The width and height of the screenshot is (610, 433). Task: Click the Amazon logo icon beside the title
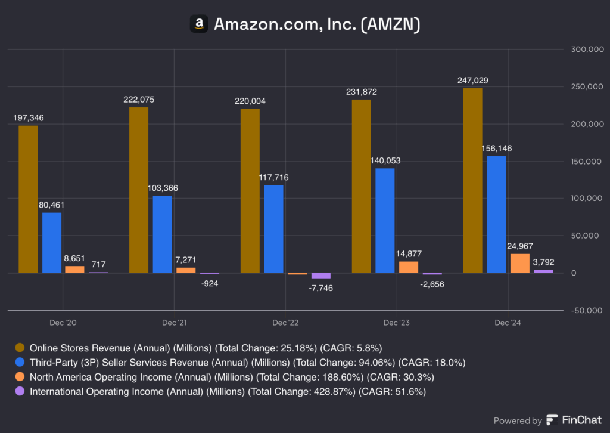point(199,24)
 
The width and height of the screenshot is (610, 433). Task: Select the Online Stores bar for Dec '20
point(28,199)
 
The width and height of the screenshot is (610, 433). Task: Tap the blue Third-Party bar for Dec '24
point(496,214)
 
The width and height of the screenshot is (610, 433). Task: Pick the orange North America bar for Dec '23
point(409,267)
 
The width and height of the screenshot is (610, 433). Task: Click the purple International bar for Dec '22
point(320,276)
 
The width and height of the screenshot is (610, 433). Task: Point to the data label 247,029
point(473,80)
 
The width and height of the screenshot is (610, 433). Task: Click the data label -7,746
point(321,287)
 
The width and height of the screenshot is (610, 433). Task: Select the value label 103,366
point(162,188)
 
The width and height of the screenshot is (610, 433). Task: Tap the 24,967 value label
point(519,246)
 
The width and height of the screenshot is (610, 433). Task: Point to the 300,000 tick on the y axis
point(586,50)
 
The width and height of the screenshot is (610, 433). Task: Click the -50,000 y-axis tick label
point(586,310)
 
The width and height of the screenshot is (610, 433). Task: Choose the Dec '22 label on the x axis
point(285,323)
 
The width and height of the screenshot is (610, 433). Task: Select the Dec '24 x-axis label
point(508,323)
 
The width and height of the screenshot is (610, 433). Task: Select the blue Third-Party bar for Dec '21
point(162,234)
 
